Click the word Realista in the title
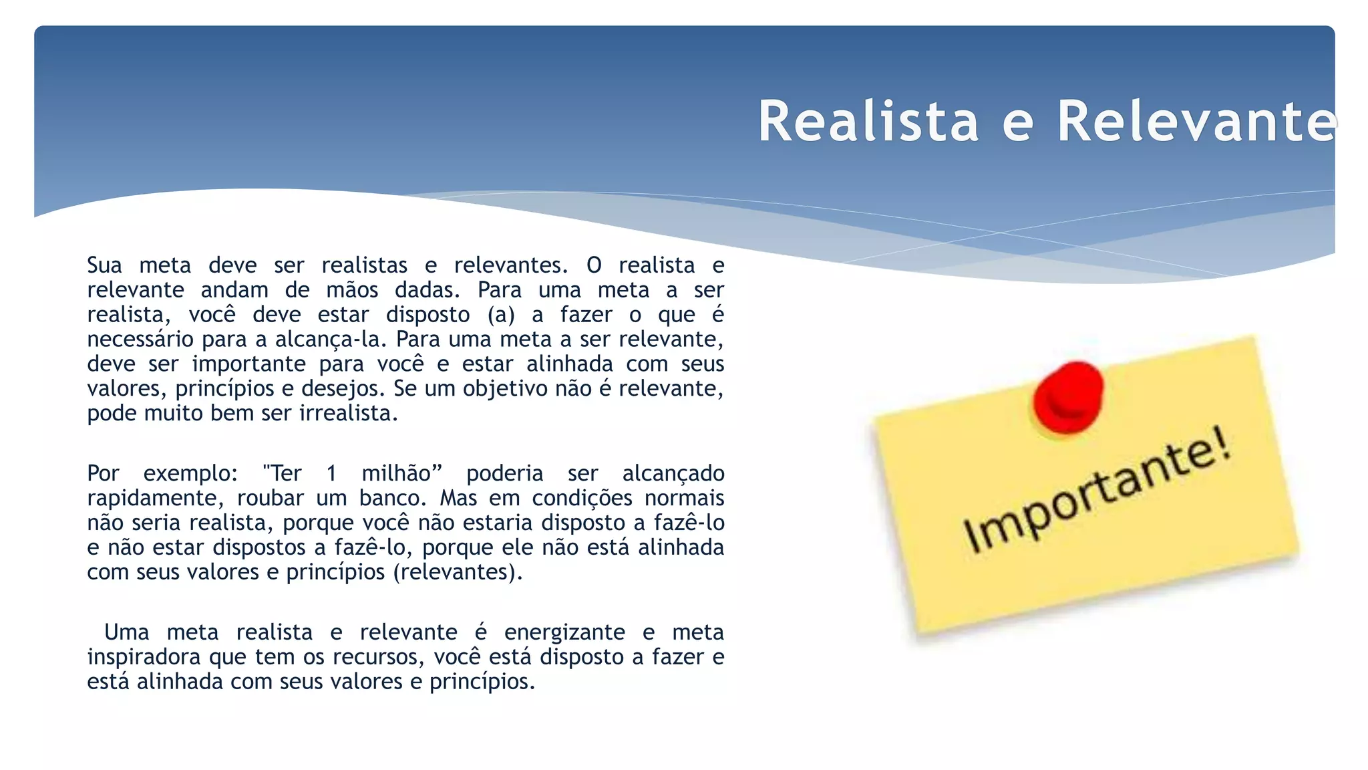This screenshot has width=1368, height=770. coord(868,122)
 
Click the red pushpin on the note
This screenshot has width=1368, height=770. coord(1067,396)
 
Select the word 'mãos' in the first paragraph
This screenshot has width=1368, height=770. coord(352,290)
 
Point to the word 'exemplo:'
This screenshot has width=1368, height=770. coord(190,474)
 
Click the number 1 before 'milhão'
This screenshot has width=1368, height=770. coord(331,474)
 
